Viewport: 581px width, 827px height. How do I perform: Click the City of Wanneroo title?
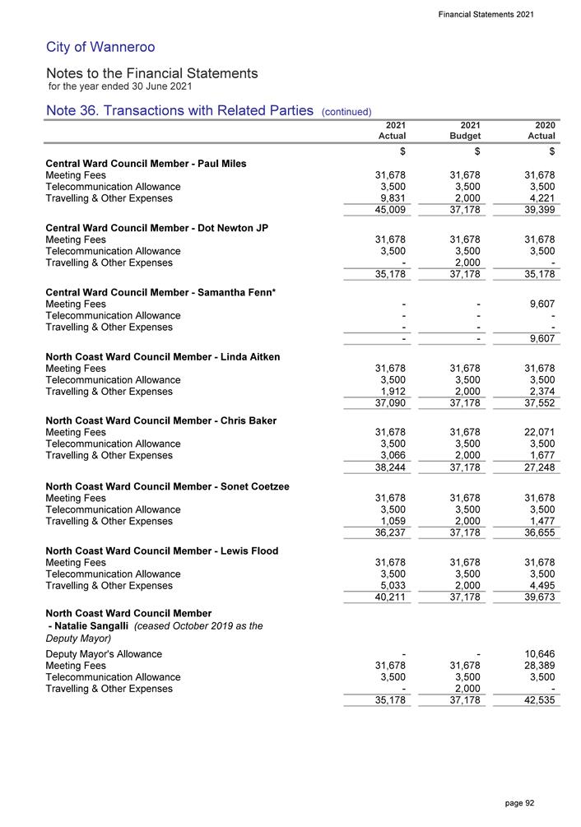click(100, 47)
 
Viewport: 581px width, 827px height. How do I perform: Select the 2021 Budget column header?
click(467, 130)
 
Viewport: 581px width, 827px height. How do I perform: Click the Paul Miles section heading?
click(146, 163)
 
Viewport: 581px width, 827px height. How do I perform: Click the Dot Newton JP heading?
click(156, 227)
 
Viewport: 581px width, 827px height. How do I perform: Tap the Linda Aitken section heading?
click(163, 356)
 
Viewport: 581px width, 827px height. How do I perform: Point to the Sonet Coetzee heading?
click(166, 486)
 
